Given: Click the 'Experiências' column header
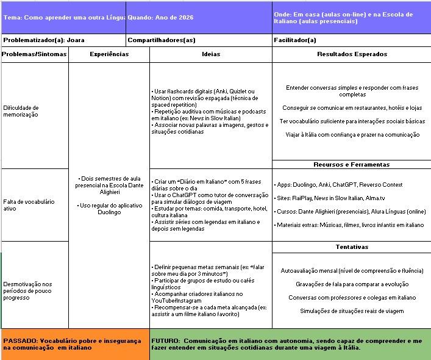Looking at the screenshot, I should pos(109,54).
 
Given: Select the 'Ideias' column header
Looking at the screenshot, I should pos(211,54).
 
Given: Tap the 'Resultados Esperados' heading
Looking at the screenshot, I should pos(352,54).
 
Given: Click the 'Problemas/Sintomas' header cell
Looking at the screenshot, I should pos(34,54).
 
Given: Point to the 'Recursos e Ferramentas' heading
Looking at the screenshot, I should pos(351,164).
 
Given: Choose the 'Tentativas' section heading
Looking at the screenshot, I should pos(352,247).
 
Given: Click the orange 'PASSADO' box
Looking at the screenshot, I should pos(74,344).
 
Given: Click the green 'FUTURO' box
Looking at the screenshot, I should pos(290,344).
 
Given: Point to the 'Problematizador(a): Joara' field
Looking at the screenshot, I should pos(44,40).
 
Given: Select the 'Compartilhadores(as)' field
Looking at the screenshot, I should pos(162,40).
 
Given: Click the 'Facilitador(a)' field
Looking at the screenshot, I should pos(296,40).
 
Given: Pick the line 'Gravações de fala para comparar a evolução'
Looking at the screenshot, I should pos(352,284).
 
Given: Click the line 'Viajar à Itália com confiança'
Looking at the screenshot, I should pos(352,135).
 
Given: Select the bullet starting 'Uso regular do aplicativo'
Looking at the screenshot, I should pos(110,209).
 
